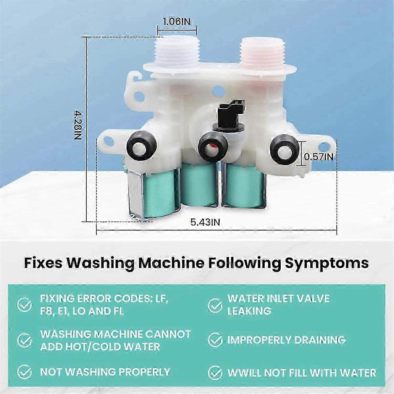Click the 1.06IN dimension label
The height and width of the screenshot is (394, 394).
click(x=176, y=22)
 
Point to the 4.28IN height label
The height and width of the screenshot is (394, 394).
click(x=77, y=125)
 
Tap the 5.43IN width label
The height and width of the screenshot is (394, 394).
click(x=205, y=222)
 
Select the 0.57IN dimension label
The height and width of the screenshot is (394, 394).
click(x=318, y=157)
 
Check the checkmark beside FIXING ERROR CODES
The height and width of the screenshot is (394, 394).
click(x=24, y=305)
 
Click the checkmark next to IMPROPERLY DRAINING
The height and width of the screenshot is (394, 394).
click(x=215, y=340)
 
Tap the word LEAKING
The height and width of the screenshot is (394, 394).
click(x=250, y=311)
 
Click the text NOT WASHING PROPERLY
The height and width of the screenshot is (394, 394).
click(x=105, y=372)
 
